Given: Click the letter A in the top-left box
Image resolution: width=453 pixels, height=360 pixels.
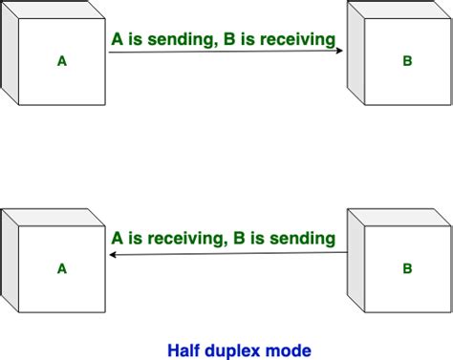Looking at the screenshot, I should click(x=62, y=62).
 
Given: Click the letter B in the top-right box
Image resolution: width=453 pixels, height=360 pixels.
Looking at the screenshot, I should click(x=407, y=62).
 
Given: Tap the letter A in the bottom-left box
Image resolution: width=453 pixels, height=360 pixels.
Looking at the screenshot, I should click(x=62, y=269).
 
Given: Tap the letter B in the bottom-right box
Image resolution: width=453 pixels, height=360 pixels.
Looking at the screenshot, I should click(x=407, y=269).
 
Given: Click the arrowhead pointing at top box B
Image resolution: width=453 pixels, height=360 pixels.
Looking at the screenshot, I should click(x=339, y=53).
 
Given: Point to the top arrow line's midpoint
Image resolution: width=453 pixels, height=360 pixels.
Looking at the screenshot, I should click(x=226, y=53).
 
